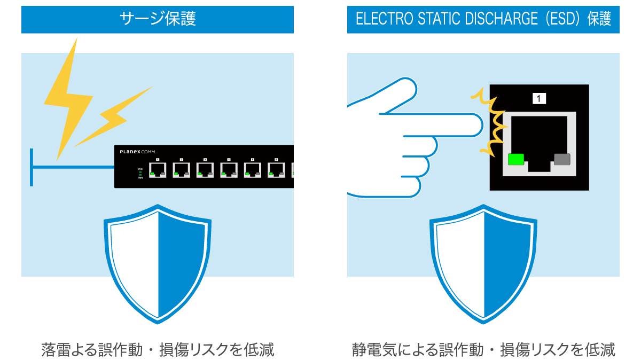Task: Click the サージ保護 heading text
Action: [158, 19]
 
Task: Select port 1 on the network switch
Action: [158, 169]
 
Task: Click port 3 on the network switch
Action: [205, 169]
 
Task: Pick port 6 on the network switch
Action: [276, 169]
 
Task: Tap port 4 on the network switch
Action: [229, 169]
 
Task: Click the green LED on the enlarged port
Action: [516, 159]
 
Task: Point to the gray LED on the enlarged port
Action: [562, 159]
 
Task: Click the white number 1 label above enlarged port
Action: [539, 98]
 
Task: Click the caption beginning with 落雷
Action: [158, 350]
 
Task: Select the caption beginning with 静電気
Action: [483, 350]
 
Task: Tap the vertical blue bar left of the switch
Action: [32, 167]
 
